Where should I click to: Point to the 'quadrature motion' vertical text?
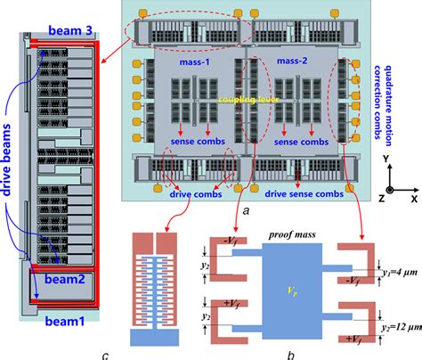[x=369, y=97]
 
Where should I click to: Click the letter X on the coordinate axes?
[x=414, y=190]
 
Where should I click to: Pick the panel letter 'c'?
[x=105, y=355]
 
